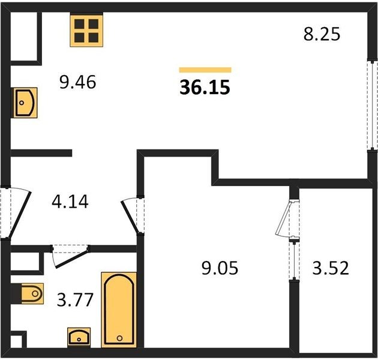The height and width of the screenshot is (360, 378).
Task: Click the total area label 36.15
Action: tap(205, 87)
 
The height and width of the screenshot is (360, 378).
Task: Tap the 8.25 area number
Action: tap(322, 34)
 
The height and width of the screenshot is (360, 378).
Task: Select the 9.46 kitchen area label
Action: tap(77, 82)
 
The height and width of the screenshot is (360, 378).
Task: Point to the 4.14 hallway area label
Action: tap(70, 202)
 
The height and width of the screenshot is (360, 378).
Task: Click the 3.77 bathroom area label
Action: tap(75, 300)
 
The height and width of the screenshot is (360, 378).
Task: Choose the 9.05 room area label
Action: tap(220, 268)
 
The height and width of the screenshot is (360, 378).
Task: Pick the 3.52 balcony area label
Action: tap(331, 268)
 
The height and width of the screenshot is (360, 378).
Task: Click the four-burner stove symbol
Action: tap(86, 31)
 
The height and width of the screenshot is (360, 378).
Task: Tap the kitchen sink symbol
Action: tap(25, 103)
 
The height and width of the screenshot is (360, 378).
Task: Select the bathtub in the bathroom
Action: tap(119, 310)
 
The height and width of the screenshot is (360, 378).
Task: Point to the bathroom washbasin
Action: tap(79, 337)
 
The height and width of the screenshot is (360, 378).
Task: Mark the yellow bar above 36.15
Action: tap(205, 70)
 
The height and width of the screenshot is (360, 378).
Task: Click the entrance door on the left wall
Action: tap(20, 214)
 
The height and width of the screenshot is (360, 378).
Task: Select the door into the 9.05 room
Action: tap(130, 215)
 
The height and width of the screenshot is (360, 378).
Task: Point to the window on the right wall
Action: tap(373, 106)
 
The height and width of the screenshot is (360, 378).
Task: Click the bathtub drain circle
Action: tap(119, 338)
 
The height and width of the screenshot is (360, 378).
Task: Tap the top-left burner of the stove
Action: tap(79, 24)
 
